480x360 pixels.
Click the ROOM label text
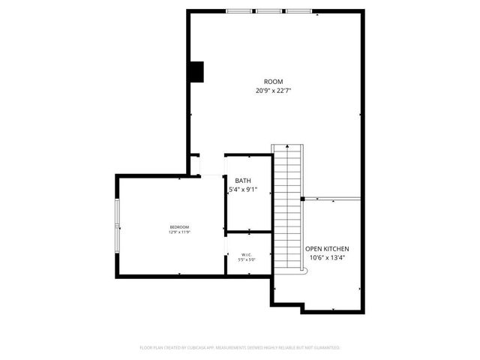tap(273, 82)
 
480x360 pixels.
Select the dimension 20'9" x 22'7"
tap(273, 91)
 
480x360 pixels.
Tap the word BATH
tap(243, 181)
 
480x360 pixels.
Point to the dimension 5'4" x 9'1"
tap(243, 190)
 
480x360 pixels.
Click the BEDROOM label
tap(179, 227)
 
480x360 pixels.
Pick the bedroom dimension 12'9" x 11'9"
tap(179, 232)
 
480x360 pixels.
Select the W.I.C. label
tap(247, 255)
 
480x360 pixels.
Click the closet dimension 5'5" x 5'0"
tap(247, 260)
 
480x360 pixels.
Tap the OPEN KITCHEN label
tap(326, 248)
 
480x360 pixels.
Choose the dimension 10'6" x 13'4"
tap(326, 258)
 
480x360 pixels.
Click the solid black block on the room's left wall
tap(196, 71)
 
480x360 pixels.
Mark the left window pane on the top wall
tap(240, 11)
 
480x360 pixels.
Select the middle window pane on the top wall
tap(268, 11)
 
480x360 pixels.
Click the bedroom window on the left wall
tap(116, 226)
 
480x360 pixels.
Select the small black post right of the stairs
tap(302, 199)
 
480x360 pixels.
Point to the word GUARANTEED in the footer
tap(324, 348)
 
